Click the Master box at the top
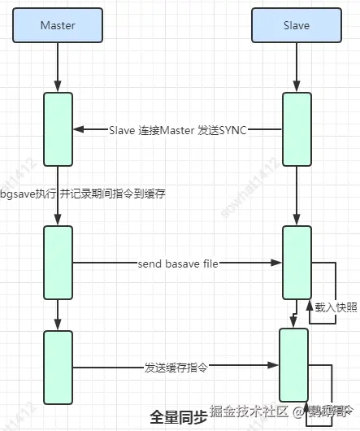click(58, 25)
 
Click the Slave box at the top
click(296, 25)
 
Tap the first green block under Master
click(58, 128)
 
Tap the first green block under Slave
click(296, 128)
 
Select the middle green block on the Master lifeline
click(58, 263)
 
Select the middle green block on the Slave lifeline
click(296, 263)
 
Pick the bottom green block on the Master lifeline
click(58, 367)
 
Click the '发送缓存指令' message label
click(176, 367)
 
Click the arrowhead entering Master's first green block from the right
click(78, 129)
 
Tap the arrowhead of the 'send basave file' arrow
click(276, 263)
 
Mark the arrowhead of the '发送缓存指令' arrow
click(274, 367)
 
